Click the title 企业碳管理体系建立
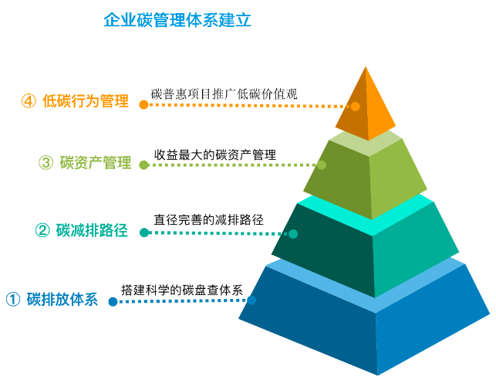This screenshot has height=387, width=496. pyautogui.click(x=177, y=20)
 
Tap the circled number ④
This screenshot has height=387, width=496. pyautogui.click(x=29, y=101)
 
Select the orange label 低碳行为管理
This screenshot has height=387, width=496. pyautogui.click(x=86, y=101)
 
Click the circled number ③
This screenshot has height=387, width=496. pyautogui.click(x=46, y=162)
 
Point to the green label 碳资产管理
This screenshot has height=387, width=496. pyautogui.click(x=96, y=162)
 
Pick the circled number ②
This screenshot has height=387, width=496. pyautogui.click(x=42, y=230)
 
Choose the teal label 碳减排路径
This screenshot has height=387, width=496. pyautogui.click(x=92, y=230)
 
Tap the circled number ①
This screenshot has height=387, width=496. pyautogui.click(x=13, y=299)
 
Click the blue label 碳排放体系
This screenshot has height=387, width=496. pyautogui.click(x=62, y=299)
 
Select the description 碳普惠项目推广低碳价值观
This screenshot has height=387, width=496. pyautogui.click(x=224, y=94)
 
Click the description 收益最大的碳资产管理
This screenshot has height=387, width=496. pyautogui.click(x=215, y=154)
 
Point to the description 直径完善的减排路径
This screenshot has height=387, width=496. pyautogui.click(x=209, y=219)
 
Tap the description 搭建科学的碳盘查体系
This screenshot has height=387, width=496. pyautogui.click(x=182, y=290)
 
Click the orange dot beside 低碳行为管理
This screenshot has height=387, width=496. pyautogui.click(x=143, y=104)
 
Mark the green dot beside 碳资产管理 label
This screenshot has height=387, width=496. pyautogui.click(x=144, y=165)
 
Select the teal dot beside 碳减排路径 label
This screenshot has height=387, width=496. pyautogui.click(x=144, y=233)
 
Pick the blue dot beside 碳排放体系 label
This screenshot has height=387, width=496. pyautogui.click(x=113, y=301)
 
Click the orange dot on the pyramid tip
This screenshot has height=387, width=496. pyautogui.click(x=356, y=107)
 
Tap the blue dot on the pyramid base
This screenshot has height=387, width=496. pyautogui.click(x=251, y=300)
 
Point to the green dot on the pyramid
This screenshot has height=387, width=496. pyautogui.click(x=322, y=165)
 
